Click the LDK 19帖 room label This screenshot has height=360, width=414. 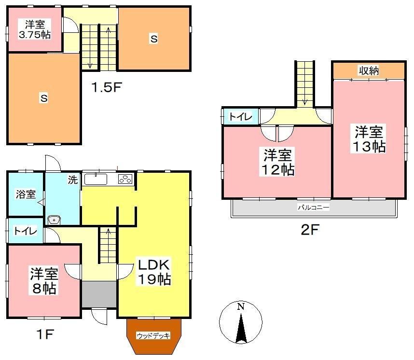click(x=154, y=272)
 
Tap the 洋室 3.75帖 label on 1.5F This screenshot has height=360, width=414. click(x=35, y=29)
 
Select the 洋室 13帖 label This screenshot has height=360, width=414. click(x=369, y=139)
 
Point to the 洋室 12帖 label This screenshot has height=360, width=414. click(x=277, y=162)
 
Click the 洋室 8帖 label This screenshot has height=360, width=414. click(x=44, y=281)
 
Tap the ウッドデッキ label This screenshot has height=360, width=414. click(x=153, y=336)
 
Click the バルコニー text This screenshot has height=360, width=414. click(x=314, y=208)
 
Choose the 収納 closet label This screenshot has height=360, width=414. click(x=369, y=70)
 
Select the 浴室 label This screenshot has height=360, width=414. click(x=26, y=194)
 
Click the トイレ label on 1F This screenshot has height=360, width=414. click(x=25, y=231)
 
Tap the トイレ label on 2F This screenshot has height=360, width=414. click(x=240, y=116)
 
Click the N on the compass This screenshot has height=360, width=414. click(x=240, y=306)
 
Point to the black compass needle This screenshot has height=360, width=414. click(x=240, y=328)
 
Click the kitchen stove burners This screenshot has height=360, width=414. click(x=125, y=180)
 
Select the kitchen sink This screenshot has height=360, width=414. click(x=96, y=180)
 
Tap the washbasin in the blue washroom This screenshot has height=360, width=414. click(x=54, y=220)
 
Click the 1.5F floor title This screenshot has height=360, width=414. click(x=107, y=87)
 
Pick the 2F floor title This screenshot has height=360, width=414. click(x=310, y=230)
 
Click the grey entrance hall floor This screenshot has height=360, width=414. click(x=99, y=294)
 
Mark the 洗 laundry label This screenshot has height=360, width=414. click(x=72, y=180)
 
